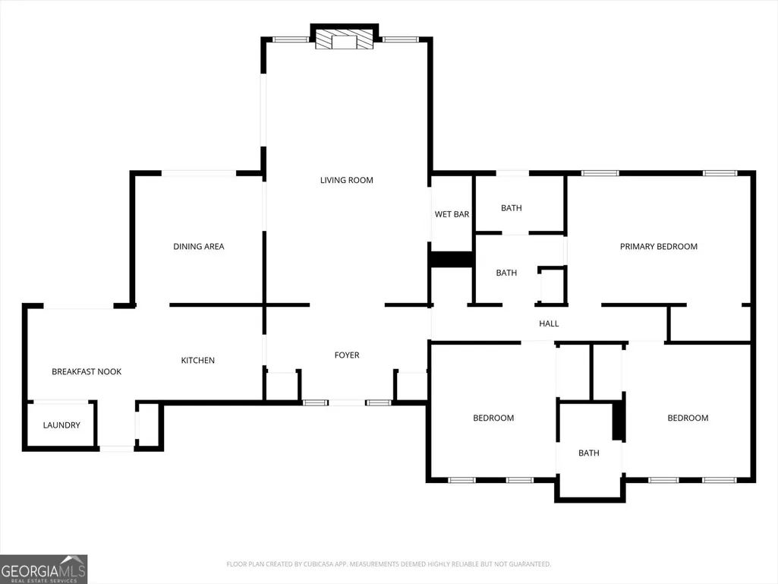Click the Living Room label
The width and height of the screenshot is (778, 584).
click(x=346, y=180)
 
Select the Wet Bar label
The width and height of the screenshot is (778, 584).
click(x=452, y=214)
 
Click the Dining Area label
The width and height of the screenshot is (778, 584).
click(x=198, y=246)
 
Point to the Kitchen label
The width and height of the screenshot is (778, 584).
click(x=197, y=360)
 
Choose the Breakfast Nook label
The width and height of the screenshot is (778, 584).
click(x=87, y=371)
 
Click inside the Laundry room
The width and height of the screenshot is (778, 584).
click(x=61, y=425)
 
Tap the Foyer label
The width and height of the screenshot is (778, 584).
click(x=347, y=355)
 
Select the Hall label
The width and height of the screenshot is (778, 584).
click(x=549, y=324)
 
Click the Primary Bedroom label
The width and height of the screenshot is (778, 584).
click(x=658, y=246)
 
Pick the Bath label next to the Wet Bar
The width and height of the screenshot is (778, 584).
click(x=511, y=208)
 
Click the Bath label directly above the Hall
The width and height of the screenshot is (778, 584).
click(x=506, y=273)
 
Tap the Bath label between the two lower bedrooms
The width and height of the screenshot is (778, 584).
click(x=588, y=453)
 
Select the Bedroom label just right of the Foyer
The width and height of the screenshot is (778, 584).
click(x=493, y=418)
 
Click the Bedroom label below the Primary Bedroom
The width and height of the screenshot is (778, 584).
click(x=688, y=418)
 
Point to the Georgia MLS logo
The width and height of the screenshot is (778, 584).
click(x=44, y=569)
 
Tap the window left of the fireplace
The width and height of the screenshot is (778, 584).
click(x=291, y=39)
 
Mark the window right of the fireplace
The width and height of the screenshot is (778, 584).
click(x=400, y=39)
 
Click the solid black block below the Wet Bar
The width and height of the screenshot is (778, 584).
click(x=451, y=260)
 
